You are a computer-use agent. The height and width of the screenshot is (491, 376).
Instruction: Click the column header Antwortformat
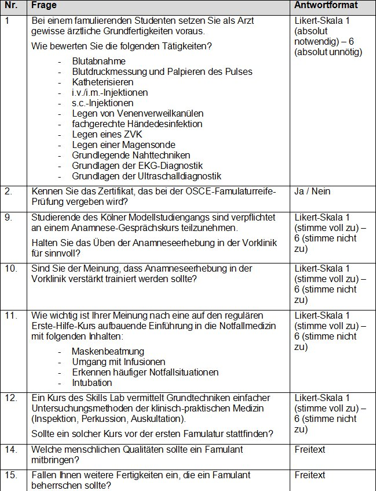point(326,5)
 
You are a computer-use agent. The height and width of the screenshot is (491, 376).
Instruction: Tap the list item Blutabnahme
point(98,61)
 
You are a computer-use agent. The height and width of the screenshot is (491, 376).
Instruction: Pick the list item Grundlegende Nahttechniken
point(131,156)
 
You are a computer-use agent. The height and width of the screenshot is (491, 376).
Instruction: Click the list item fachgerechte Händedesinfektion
point(137,124)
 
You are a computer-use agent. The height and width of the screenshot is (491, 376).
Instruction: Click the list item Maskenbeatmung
point(108,352)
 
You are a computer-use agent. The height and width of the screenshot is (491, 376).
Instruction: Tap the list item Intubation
point(92,383)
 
